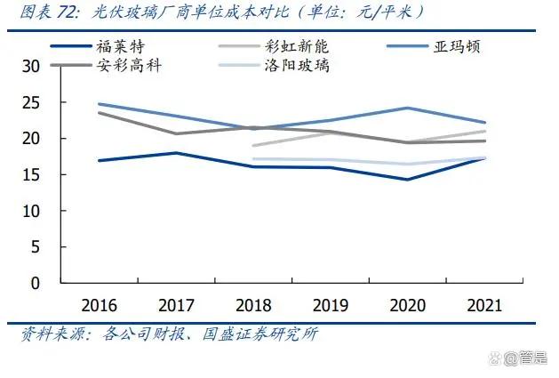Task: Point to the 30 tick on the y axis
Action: [x=31, y=67]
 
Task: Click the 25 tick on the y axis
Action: [x=31, y=102]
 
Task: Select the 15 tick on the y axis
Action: [x=31, y=174]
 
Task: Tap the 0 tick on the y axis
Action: [x=36, y=283]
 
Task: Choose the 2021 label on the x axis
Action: [x=483, y=304]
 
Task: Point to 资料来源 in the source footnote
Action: [x=51, y=335]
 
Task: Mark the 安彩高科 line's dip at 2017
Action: [x=175, y=134]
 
